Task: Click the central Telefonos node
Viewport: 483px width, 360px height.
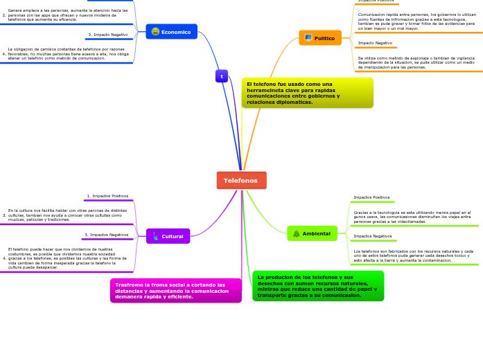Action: coord(241,180)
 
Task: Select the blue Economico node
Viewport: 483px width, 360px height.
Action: coord(172,32)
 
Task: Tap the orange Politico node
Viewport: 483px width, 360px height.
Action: coord(320,38)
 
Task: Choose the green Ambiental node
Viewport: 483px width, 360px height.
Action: coord(312,233)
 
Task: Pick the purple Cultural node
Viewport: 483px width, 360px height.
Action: coord(168,236)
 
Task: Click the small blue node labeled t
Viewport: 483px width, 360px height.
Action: coord(222,76)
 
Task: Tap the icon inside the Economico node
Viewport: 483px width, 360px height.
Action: coord(155,32)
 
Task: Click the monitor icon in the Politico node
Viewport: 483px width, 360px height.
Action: coord(308,38)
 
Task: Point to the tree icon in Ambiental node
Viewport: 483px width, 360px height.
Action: coord(297,234)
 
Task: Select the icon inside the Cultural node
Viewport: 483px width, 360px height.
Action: coord(155,237)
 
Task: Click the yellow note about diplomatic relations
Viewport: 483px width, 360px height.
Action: coord(308,93)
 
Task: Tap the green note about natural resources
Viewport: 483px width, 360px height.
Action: coord(317,286)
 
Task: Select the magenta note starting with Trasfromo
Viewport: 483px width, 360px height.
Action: coord(175,291)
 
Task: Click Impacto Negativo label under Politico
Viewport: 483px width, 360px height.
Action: coord(375,43)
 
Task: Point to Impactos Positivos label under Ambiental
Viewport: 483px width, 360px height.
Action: coord(371,197)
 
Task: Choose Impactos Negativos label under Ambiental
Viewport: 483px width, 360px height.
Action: coord(373,236)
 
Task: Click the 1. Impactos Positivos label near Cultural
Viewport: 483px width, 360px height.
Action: coord(107,196)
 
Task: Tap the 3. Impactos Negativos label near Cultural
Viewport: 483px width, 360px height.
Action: coord(107,235)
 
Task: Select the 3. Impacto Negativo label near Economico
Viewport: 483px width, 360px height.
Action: coord(108,35)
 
